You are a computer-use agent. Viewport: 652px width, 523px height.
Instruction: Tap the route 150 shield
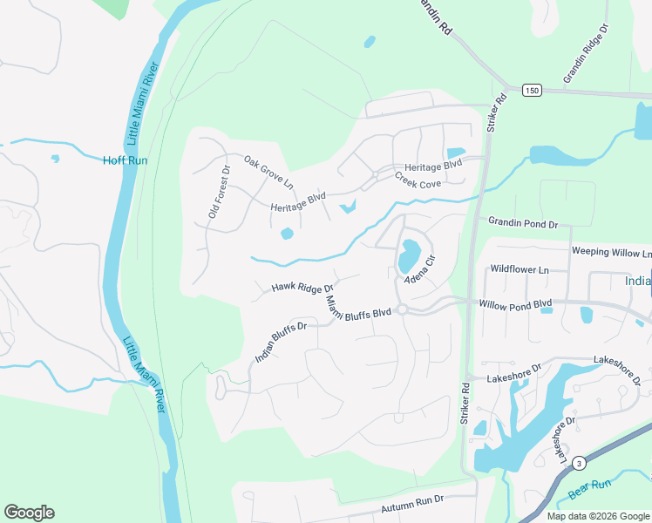[531, 91]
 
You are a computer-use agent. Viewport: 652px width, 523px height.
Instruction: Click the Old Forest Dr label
[217, 192]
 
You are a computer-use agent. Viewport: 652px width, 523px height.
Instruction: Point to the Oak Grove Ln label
[268, 173]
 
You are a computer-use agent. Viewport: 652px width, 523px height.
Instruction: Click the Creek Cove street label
[418, 180]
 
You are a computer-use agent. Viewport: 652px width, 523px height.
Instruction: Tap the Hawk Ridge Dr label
[302, 287]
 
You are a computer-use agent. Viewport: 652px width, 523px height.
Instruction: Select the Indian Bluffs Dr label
[281, 343]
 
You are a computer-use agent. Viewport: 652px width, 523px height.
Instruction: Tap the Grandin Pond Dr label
[522, 224]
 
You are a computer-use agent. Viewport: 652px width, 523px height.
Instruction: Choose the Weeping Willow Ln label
[610, 252]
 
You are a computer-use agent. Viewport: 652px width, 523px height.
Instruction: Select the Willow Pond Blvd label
[516, 304]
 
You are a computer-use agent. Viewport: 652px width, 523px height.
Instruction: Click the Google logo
[29, 513]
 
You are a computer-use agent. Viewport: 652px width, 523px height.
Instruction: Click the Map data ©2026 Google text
[597, 516]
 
